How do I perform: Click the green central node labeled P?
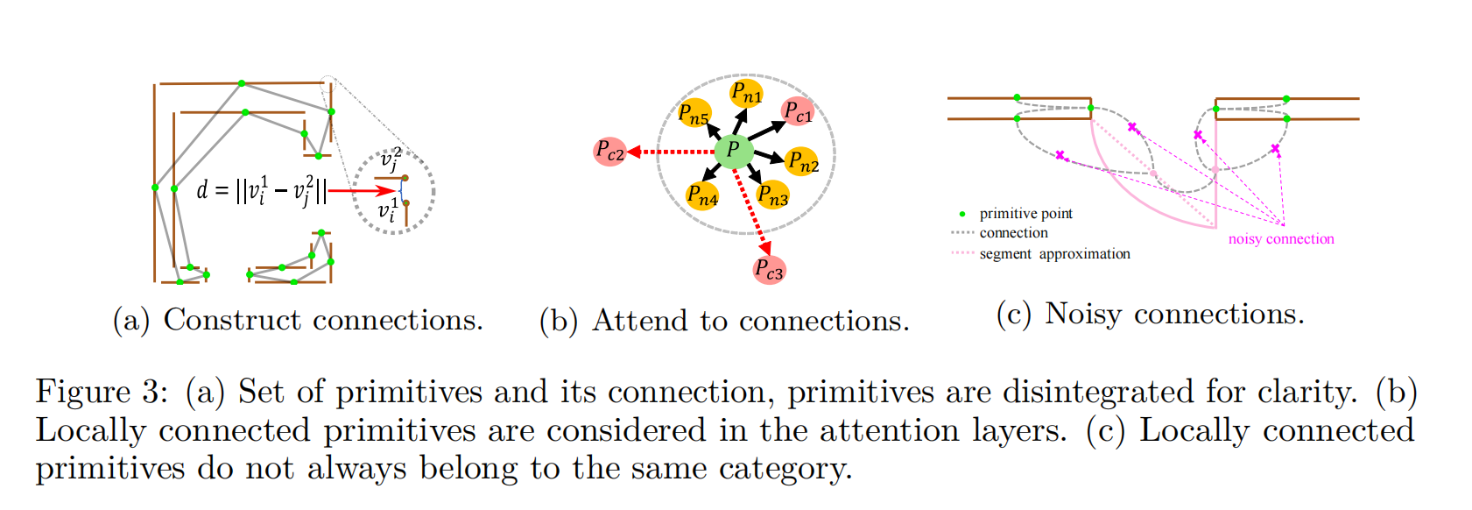[734, 151]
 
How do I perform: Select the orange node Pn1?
[746, 93]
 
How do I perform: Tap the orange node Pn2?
[802, 162]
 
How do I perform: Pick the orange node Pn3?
[772, 195]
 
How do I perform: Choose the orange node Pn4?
[702, 196]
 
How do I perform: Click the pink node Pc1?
[798, 112]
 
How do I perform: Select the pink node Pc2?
[609, 152]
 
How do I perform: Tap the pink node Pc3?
[769, 270]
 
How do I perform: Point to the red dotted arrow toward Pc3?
[751, 211]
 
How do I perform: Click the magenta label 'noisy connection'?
[1281, 239]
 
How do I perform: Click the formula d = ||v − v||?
[261, 190]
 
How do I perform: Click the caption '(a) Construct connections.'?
[298, 321]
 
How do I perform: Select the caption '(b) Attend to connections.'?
[724, 322]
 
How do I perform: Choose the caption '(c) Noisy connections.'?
[1150, 314]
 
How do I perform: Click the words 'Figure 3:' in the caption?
[102, 392]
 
